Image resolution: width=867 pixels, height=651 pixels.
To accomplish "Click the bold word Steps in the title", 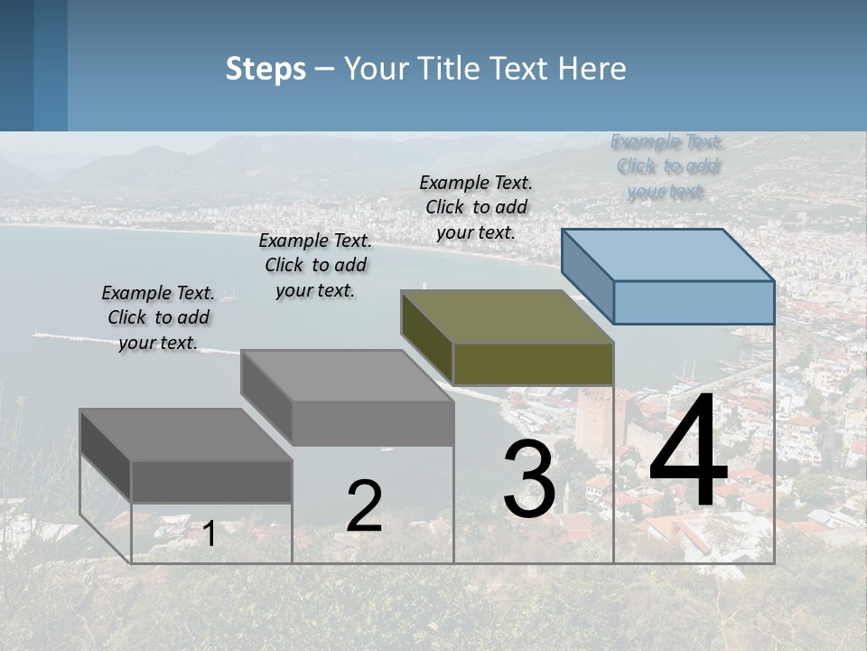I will (266, 69).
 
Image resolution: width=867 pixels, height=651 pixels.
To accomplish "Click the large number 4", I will (688, 452).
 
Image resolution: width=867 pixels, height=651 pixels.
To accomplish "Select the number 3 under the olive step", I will (529, 479).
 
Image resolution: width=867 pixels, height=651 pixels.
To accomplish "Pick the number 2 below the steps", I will (364, 506).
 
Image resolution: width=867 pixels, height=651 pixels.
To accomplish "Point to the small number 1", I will (209, 534).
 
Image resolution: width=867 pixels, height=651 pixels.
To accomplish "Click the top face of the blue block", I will (667, 254).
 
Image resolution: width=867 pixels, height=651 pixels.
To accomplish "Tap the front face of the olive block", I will (533, 363).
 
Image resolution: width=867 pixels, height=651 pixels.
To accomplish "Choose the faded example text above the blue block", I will (667, 166).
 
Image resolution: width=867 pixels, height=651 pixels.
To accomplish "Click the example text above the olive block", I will (476, 207).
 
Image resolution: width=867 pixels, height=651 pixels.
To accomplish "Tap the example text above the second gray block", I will (315, 265).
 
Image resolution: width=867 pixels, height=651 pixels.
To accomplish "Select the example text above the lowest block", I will (158, 317).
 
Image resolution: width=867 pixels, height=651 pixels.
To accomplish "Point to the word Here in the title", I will (592, 69).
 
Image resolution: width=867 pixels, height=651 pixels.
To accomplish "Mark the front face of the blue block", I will (694, 302).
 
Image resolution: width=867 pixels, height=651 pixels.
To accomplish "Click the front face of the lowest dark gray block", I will (211, 481).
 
